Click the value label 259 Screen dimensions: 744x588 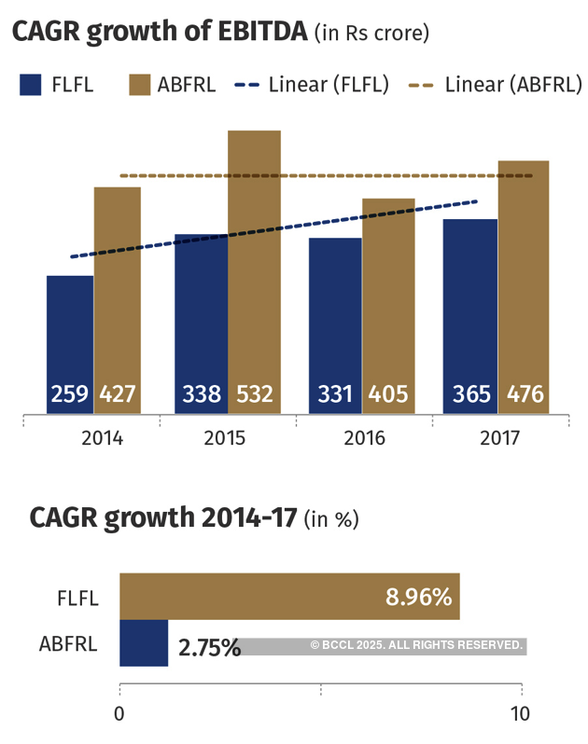[70, 394]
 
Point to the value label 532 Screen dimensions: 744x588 [254, 394]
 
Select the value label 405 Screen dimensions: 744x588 [388, 394]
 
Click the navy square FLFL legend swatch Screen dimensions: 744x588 [31, 85]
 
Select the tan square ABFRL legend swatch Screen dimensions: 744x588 [140, 85]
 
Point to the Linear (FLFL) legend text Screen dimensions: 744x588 [328, 85]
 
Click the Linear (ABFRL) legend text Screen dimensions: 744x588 [513, 85]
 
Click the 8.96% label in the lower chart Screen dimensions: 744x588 [418, 597]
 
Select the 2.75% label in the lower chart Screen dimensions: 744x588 [209, 646]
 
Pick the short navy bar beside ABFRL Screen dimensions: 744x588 [144, 643]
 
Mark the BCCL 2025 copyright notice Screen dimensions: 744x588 [416, 645]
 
